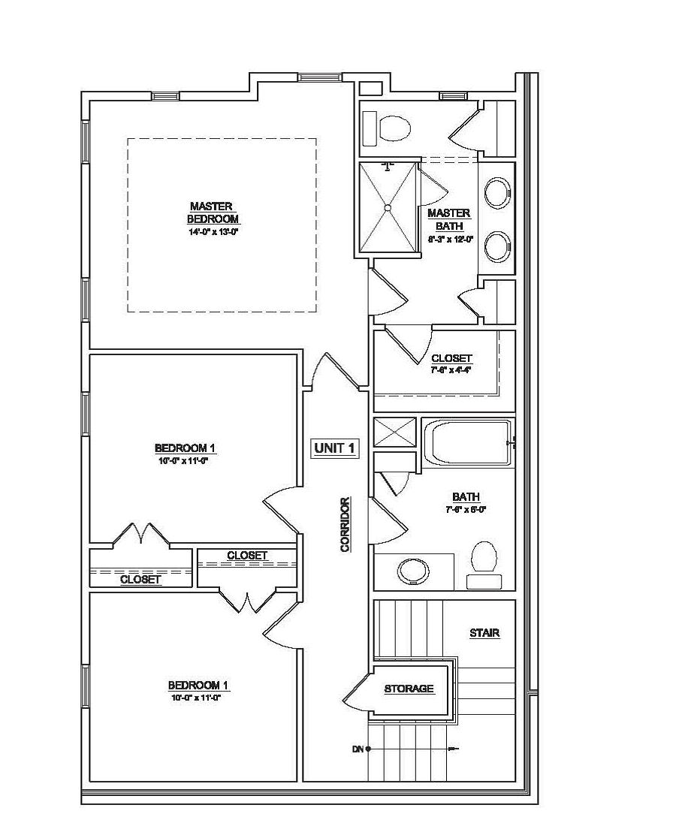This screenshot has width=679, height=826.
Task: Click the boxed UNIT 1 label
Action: pos(334,448)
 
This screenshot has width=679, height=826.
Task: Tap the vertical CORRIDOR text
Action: pos(346,524)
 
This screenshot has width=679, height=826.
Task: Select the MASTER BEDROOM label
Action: pos(213,213)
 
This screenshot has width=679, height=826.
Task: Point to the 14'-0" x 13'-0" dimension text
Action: pos(213,233)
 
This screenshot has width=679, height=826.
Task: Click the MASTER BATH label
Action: pos(449,219)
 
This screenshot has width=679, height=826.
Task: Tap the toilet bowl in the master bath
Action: pos(395,129)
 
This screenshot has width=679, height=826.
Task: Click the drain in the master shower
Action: pos(388,207)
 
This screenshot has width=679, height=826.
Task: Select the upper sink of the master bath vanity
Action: pos(496,193)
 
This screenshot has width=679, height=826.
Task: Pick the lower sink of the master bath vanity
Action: pos(496,246)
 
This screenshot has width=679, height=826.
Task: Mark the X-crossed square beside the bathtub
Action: pos(394,433)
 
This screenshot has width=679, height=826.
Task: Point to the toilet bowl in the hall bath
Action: pos(484,558)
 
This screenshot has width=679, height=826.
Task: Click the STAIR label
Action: pos(484,633)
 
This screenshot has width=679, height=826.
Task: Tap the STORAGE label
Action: pos(409,689)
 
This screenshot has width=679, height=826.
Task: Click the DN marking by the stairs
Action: pos(358,749)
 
